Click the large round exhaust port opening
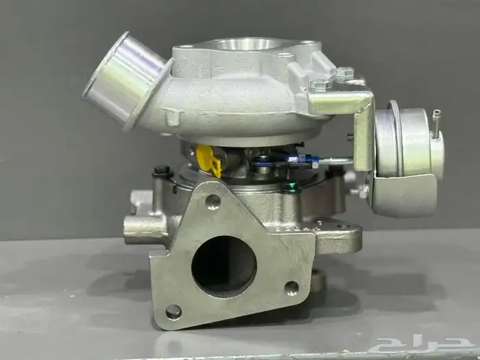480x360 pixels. click(224, 266)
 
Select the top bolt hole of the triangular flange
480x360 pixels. click(213, 202)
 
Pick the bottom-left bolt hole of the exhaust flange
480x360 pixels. click(173, 312)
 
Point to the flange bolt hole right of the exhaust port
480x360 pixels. click(291, 288)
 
